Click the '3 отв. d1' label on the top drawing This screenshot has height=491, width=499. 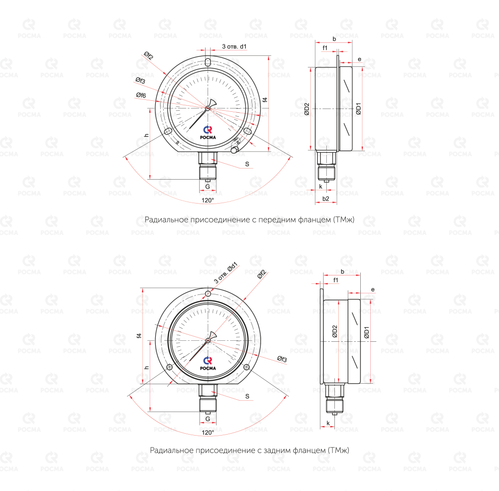(x=234, y=46)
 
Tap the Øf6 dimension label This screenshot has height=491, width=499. (x=141, y=95)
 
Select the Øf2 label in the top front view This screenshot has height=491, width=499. (x=148, y=56)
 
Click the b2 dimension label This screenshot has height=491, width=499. (x=325, y=199)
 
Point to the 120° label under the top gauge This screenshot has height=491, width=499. (x=208, y=200)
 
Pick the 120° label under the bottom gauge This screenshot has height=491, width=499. (x=208, y=432)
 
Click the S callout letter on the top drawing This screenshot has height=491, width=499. (x=247, y=164)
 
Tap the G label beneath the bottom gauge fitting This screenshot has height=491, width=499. (x=208, y=419)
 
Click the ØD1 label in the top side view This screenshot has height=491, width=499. (x=359, y=108)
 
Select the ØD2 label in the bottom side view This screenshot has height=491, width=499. (x=334, y=331)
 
